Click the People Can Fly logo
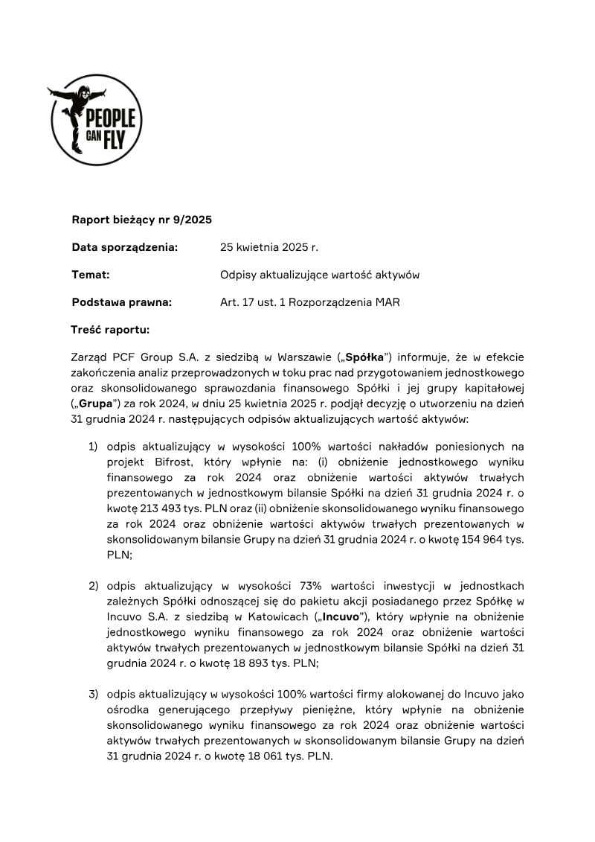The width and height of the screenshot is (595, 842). tap(95, 120)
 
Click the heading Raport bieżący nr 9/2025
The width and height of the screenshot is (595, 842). tap(142, 220)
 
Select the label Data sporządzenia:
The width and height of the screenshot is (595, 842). tap(125, 247)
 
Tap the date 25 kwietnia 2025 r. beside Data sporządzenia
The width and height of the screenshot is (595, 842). tap(268, 247)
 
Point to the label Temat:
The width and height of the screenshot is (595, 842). tap(91, 275)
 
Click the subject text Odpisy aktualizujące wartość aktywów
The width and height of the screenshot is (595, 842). tap(320, 275)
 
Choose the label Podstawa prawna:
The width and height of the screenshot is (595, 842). tap(122, 302)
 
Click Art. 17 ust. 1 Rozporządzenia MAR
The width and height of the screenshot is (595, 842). tap(310, 302)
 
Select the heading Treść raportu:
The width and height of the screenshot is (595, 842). tap(110, 329)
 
